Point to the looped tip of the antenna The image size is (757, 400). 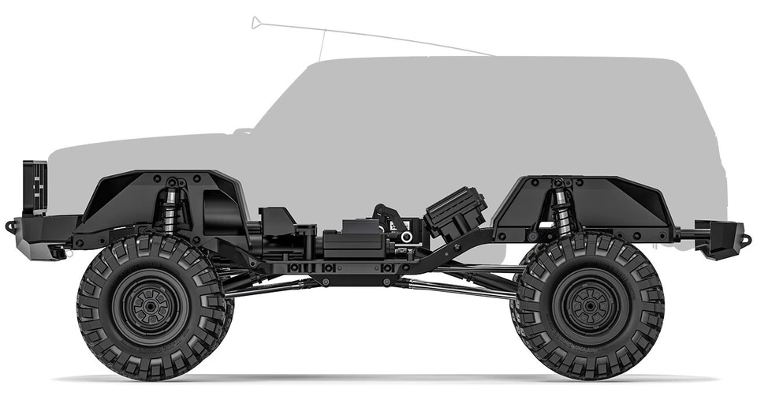(255, 22)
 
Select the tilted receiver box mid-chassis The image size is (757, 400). (455, 212)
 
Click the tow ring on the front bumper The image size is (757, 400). (10, 226)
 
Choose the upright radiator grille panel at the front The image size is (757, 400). (35, 187)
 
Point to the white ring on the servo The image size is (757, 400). (406, 237)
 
